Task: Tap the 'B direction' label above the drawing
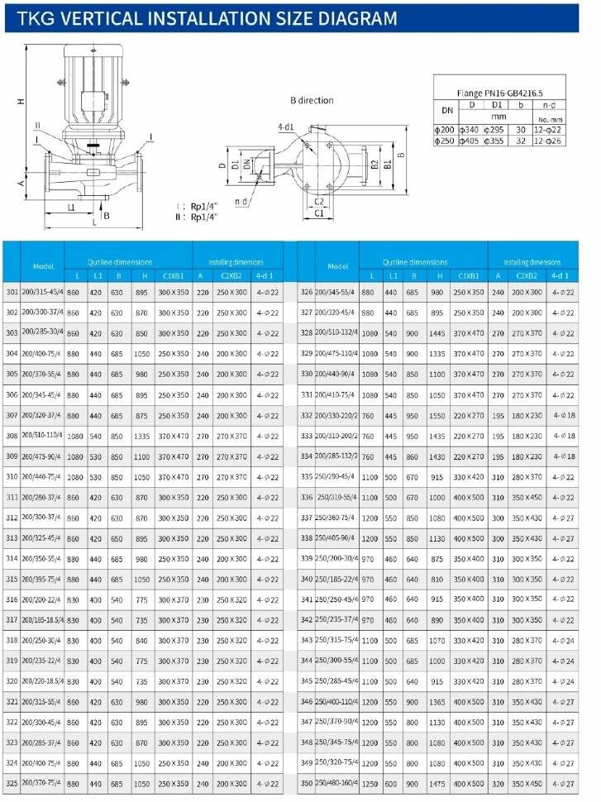tap(311, 100)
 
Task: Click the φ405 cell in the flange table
tap(471, 141)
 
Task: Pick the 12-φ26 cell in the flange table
tap(548, 141)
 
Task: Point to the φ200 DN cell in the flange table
tap(445, 130)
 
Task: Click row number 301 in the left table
tap(12, 292)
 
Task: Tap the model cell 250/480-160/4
tap(336, 783)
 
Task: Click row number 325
tap(12, 781)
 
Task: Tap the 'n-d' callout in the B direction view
tap(241, 200)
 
